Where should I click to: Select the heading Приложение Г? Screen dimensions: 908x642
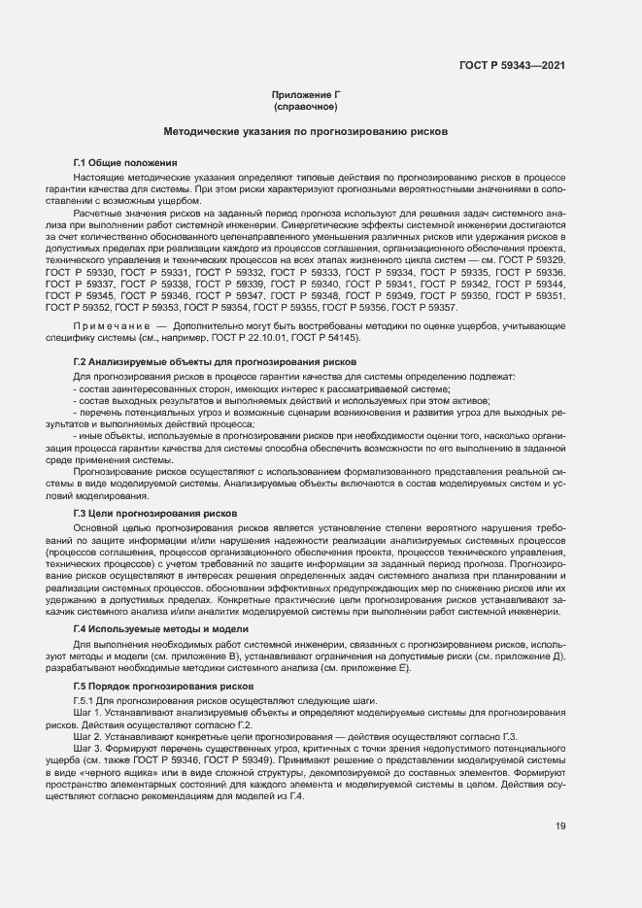click(304, 94)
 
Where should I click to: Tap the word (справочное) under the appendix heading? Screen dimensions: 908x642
click(305, 106)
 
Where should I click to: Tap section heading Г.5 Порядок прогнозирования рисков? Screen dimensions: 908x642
click(163, 687)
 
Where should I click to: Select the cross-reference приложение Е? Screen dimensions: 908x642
click(380, 669)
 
